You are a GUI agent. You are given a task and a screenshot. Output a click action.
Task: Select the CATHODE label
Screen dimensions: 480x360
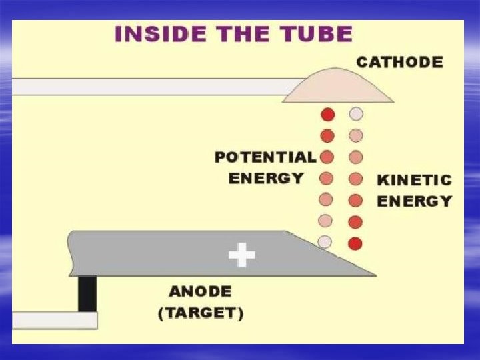[x=399, y=62]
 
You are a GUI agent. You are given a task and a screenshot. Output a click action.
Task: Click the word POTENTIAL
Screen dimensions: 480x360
[x=265, y=157]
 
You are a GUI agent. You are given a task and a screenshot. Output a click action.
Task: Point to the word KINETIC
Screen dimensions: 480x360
[x=414, y=180]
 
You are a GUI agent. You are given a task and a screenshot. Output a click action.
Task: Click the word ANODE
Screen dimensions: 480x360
[x=200, y=291]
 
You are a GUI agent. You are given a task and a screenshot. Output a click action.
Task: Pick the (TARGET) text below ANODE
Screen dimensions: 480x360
[x=201, y=313]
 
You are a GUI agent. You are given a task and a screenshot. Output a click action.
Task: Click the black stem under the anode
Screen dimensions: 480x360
[x=87, y=294]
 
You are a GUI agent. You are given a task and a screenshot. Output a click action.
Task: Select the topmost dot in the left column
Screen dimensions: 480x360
[x=327, y=114]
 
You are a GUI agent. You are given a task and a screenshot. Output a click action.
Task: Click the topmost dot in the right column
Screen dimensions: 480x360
[x=356, y=114]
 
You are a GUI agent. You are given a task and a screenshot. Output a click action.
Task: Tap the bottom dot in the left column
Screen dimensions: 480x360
[x=325, y=242]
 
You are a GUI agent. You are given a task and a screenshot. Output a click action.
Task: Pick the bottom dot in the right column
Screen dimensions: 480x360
[x=355, y=243]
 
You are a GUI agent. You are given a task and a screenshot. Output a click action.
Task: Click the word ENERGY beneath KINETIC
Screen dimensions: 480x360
[x=414, y=201]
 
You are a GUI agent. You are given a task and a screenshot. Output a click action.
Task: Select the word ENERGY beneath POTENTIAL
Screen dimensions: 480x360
[x=266, y=178]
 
